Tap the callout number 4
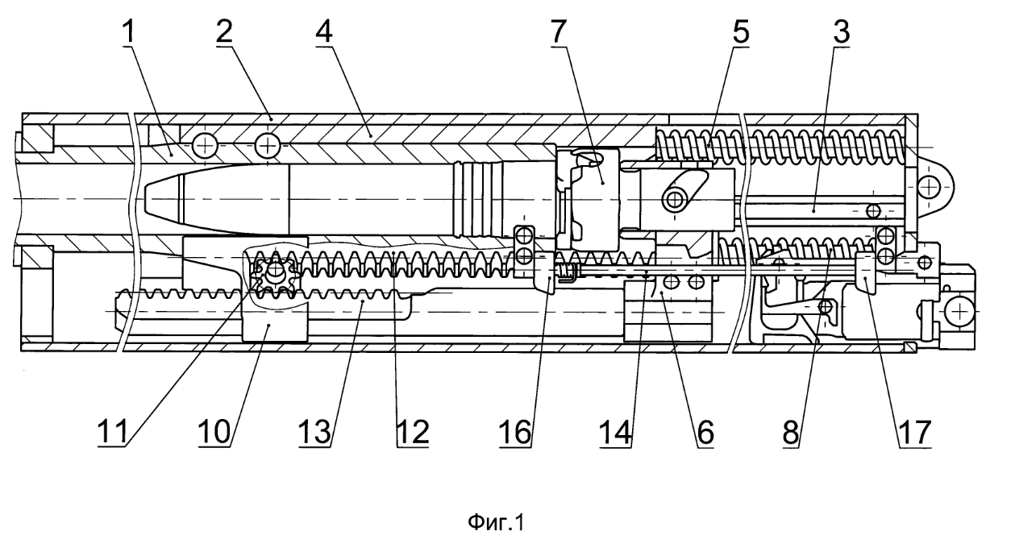325,33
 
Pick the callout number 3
840,33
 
